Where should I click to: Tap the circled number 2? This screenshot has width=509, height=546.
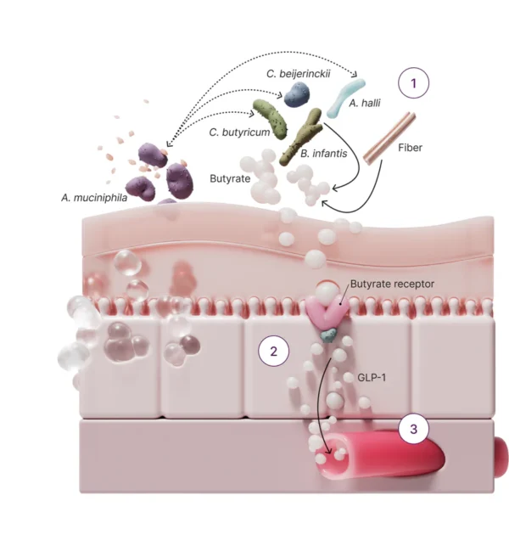[x=273, y=351]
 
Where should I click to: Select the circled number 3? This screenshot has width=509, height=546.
[x=413, y=429]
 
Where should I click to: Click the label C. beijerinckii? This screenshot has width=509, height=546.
[x=297, y=75]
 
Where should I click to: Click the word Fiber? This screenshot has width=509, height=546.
[x=410, y=147]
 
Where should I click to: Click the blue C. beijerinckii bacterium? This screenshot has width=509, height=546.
[x=296, y=94]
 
